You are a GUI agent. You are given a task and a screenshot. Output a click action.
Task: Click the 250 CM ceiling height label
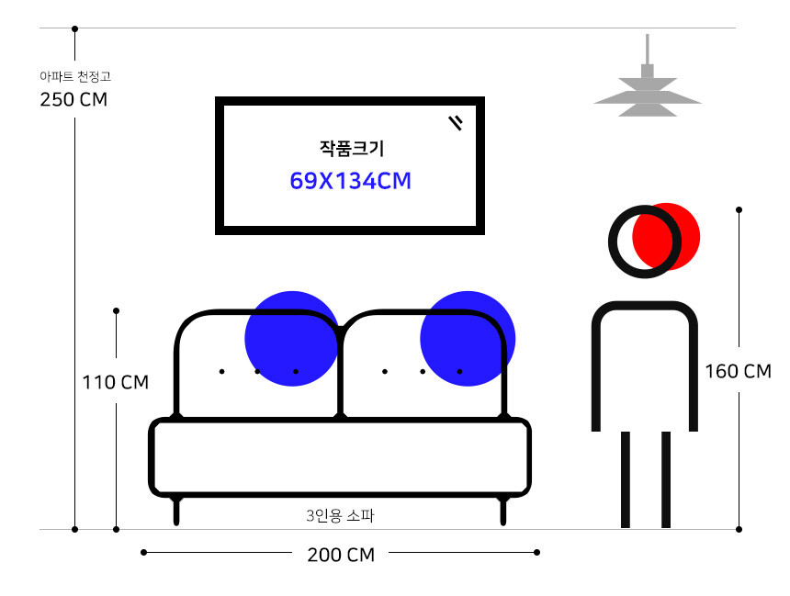tap(73, 100)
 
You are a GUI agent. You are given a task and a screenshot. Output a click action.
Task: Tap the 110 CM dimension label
tap(116, 382)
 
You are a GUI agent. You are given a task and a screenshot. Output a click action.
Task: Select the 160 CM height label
tap(738, 372)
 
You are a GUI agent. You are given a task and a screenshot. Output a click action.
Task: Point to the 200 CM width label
tap(341, 555)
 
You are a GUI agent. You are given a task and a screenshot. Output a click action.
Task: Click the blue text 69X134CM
tap(350, 181)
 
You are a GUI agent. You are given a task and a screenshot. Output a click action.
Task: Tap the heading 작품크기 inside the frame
tap(351, 148)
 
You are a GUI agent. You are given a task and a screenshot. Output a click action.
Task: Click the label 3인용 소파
tap(340, 516)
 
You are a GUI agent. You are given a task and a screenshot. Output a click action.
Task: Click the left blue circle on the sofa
tap(291, 339)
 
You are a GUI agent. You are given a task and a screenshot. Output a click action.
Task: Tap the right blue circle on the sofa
tap(468, 339)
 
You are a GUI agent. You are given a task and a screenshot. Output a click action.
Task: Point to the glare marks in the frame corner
tap(456, 122)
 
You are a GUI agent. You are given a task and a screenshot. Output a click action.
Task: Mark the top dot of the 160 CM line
tap(739, 210)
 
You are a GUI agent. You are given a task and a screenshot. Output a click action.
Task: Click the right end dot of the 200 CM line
tap(537, 552)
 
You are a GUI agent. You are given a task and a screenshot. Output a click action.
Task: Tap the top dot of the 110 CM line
tap(116, 310)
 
